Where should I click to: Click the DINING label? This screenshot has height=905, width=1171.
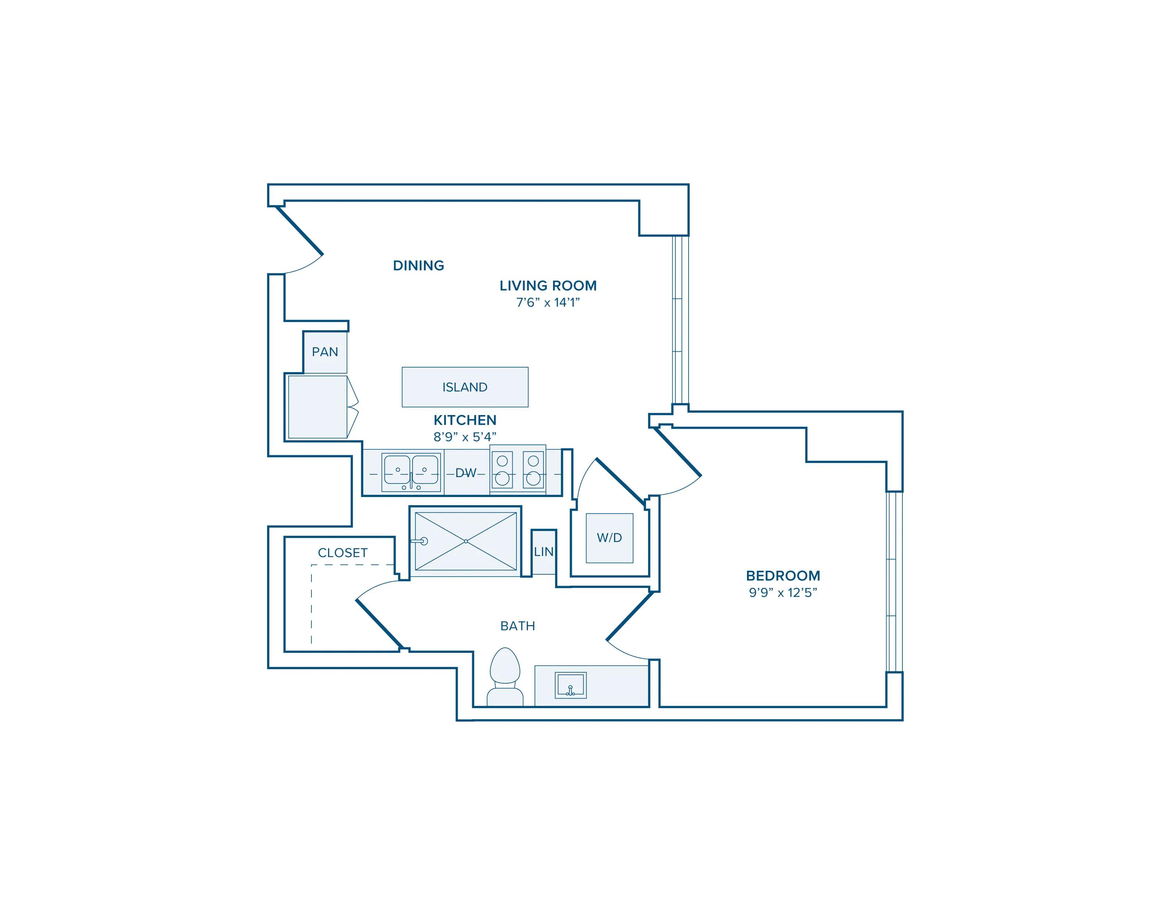418,265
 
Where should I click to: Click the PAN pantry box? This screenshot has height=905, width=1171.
325,352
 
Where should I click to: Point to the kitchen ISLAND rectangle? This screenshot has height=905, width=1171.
465,387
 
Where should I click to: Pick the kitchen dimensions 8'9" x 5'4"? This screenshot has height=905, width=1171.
465,437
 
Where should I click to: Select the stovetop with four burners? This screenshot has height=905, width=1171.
518,470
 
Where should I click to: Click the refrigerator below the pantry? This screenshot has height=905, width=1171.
317,407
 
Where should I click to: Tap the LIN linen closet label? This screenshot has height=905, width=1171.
543,552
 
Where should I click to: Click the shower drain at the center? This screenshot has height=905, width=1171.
466,542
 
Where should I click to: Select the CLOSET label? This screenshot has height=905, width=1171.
343,553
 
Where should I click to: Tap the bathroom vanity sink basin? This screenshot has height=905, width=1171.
571,685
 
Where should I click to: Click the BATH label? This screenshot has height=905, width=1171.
518,626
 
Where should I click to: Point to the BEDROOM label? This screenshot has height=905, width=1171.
783,576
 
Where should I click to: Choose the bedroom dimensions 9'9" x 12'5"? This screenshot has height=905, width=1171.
783,592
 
